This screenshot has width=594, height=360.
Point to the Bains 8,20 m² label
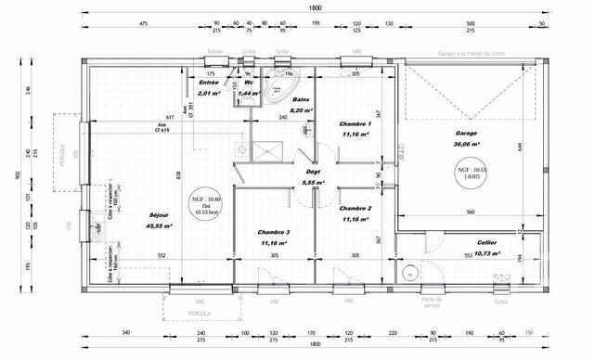[303, 104]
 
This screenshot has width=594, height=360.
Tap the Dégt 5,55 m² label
[313, 177]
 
